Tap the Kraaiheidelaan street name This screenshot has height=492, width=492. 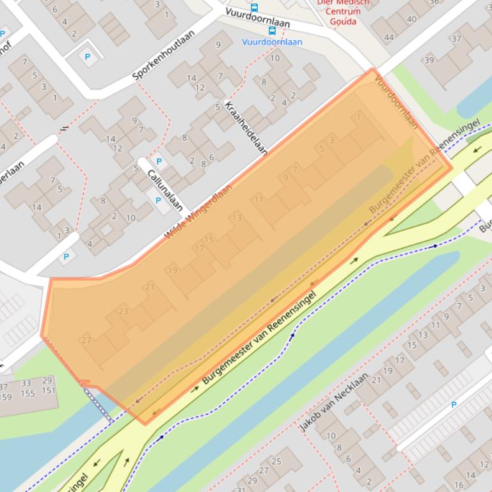tap(246, 128)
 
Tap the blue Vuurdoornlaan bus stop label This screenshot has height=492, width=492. tap(273, 42)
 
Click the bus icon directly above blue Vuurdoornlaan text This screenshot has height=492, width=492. tap(272, 30)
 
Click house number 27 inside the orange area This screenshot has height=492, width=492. tap(86, 340)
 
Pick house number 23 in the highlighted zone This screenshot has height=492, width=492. tap(123, 311)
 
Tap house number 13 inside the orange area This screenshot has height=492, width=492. tap(237, 218)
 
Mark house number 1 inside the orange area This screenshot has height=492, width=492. tap(358, 117)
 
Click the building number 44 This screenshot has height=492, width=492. tap(389, 38)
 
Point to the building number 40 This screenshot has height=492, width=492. tap(411, 19)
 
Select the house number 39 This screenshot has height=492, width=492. tap(429, 61)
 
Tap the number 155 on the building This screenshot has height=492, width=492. tap(28, 394)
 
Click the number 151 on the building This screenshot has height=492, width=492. tap(49, 390)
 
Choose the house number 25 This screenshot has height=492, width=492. tap(276, 461)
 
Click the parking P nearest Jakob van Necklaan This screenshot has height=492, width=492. tap(454, 404)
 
